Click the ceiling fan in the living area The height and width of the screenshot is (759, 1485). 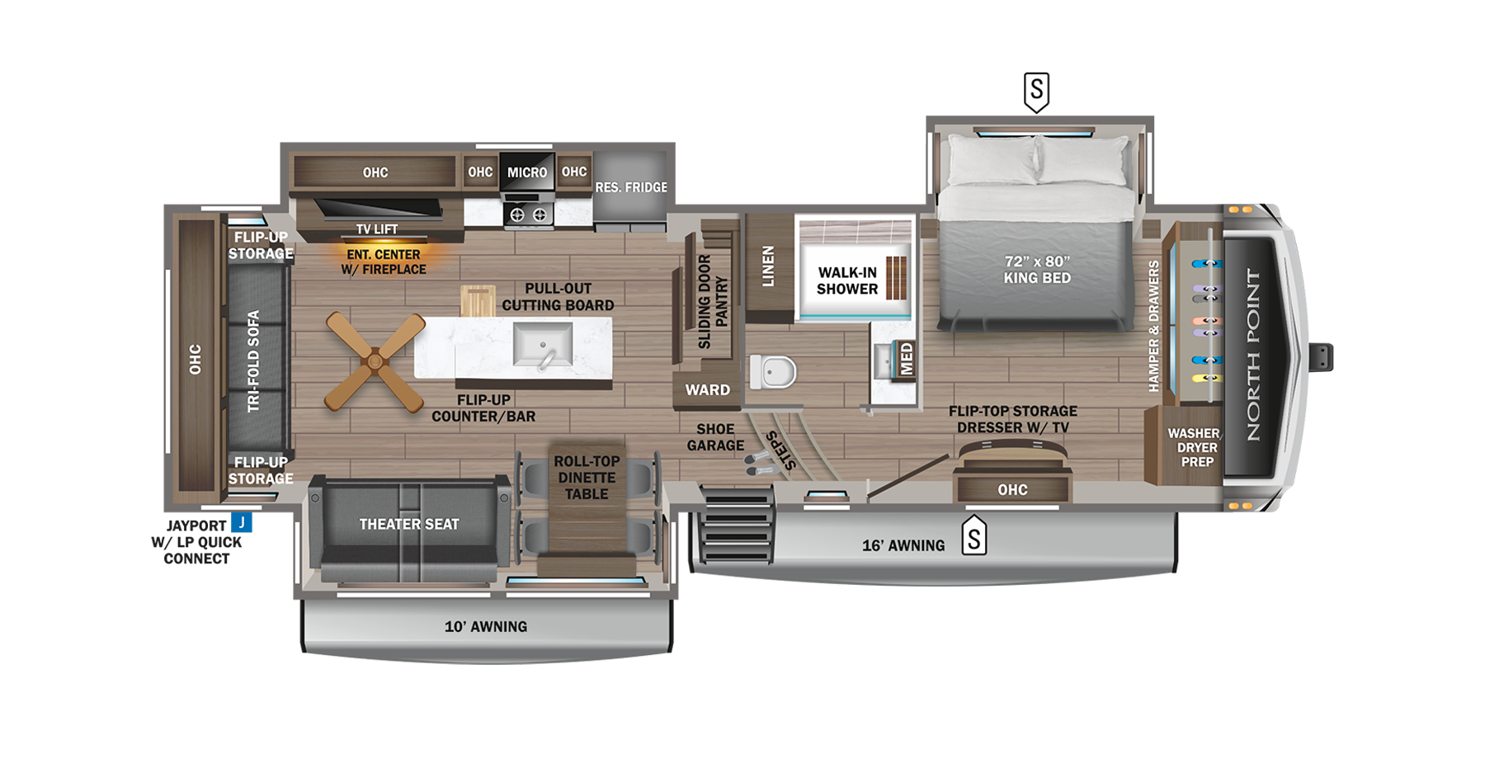pyautogui.click(x=375, y=361)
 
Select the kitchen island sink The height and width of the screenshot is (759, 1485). pyautogui.click(x=542, y=344)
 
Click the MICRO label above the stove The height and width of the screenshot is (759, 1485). pyautogui.click(x=527, y=172)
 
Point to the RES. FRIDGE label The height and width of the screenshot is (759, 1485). pyautogui.click(x=631, y=187)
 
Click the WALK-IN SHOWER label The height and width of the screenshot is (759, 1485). pyautogui.click(x=847, y=280)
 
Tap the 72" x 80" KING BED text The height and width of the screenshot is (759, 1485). pyautogui.click(x=1037, y=270)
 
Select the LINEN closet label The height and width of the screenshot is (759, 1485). pyautogui.click(x=768, y=266)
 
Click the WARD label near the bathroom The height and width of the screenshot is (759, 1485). pyautogui.click(x=707, y=389)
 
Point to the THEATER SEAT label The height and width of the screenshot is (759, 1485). pyautogui.click(x=408, y=524)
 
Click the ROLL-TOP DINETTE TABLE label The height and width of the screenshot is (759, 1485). pyautogui.click(x=587, y=478)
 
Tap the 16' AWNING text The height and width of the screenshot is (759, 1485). pyautogui.click(x=903, y=545)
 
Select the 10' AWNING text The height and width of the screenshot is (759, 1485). pyautogui.click(x=486, y=626)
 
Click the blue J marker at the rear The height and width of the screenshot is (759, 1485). pyautogui.click(x=242, y=523)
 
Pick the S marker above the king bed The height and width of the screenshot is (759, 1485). pyautogui.click(x=1036, y=89)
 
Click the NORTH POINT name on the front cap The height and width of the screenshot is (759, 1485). pyautogui.click(x=1253, y=355)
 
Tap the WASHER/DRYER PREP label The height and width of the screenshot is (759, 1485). pyautogui.click(x=1195, y=447)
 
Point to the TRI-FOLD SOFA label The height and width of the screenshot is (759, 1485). pyautogui.click(x=254, y=361)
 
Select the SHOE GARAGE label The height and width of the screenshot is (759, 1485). pyautogui.click(x=715, y=437)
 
